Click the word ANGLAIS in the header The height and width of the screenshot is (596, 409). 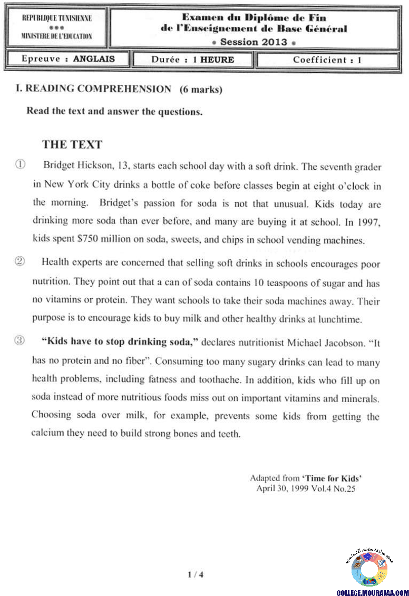94,59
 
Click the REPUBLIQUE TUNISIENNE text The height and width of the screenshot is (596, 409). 57,18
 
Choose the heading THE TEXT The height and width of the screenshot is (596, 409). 72,144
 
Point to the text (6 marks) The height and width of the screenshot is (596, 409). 201,90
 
